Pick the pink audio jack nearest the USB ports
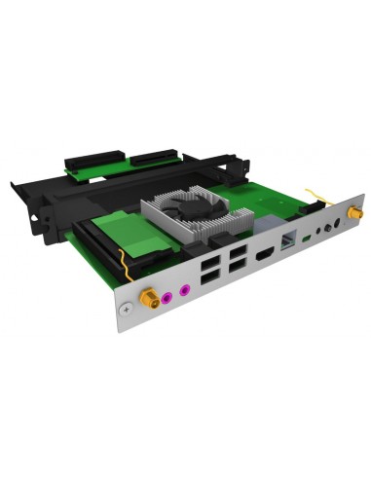click(180, 286)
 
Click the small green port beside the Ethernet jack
click(309, 237)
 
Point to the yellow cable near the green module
click(121, 265)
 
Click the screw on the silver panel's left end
click(123, 309)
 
